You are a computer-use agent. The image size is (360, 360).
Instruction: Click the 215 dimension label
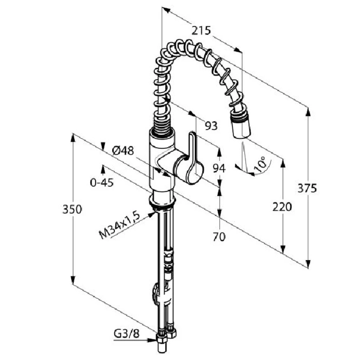(x=201, y=31)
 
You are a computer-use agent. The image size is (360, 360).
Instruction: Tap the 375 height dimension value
(x=307, y=188)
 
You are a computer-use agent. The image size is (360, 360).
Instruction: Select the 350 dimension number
(x=72, y=209)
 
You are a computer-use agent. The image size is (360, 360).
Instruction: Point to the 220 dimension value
(x=282, y=207)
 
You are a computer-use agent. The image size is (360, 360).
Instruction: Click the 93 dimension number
(x=211, y=126)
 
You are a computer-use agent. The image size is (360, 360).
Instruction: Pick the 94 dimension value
(x=219, y=168)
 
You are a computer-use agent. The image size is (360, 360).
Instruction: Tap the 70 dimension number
(x=219, y=237)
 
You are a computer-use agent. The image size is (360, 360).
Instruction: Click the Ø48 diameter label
(x=123, y=151)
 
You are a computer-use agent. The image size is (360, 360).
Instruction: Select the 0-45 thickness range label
(x=102, y=182)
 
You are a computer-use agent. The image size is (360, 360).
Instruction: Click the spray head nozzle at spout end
(x=241, y=124)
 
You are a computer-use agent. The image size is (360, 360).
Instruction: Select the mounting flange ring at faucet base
(x=162, y=200)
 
